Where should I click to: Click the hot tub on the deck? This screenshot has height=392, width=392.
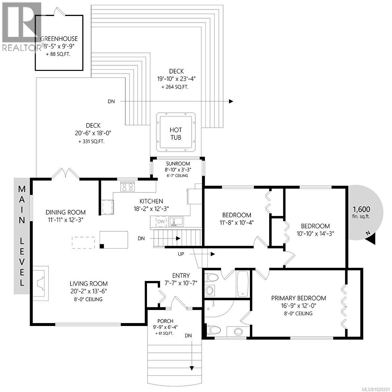(x=176, y=132)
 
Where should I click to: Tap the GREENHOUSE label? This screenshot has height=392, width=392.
(x=59, y=39)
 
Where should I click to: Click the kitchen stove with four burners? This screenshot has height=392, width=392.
(x=127, y=187)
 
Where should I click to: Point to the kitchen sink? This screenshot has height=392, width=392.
(x=176, y=221)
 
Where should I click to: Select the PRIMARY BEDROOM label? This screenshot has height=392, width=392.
(x=299, y=298)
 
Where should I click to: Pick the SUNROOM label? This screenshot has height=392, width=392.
(x=178, y=164)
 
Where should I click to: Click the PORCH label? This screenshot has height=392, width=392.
(x=165, y=321)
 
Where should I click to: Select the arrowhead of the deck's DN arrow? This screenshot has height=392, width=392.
(x=231, y=101)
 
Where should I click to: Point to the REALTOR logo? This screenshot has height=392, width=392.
(x=21, y=26)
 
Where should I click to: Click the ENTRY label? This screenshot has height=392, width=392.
(x=181, y=276)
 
